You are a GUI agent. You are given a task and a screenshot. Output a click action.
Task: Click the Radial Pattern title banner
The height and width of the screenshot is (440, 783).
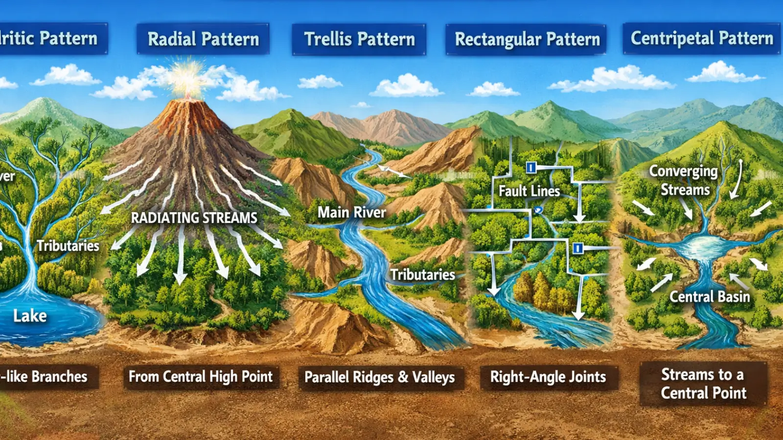coord(203,39)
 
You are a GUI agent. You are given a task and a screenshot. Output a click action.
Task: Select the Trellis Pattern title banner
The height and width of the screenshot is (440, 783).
coord(359,39)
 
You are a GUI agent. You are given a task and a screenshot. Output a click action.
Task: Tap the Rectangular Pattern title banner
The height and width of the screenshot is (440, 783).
coord(527,39)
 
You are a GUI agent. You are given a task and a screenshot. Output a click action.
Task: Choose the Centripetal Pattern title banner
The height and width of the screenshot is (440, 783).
coord(702,38)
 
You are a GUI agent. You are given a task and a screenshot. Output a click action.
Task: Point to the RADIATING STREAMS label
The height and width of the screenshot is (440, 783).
coord(194,218)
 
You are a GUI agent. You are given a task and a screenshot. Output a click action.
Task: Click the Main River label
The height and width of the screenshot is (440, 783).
coord(352,212)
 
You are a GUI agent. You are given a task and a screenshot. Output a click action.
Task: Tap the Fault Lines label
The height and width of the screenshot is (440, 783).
coord(529,191)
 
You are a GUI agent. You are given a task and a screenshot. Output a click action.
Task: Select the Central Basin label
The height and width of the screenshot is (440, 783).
coord(709,297)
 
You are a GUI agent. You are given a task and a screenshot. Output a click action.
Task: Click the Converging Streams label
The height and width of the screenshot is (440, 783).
coord(684,180)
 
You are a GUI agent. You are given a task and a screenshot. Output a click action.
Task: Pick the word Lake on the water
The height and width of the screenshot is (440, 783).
coord(30,316)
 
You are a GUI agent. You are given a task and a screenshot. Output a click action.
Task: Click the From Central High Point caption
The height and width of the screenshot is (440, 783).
coord(201,376)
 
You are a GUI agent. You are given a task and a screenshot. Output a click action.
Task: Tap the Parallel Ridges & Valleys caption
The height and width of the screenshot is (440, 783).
coord(379,377)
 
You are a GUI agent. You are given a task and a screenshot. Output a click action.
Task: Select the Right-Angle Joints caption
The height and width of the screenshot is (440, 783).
coord(548,377)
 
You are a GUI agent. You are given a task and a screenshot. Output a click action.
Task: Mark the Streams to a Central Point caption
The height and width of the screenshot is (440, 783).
coord(703,384)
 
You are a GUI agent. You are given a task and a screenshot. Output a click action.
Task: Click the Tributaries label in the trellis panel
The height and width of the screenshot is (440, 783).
coord(422,275)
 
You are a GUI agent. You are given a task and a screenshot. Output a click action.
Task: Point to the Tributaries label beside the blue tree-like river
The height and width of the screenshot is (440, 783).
coord(68,245)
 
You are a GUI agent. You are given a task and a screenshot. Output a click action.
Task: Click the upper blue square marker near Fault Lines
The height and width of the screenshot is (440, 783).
coord(531,168)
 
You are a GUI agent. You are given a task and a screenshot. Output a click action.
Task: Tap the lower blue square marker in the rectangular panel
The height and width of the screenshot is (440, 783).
coord(577,248)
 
